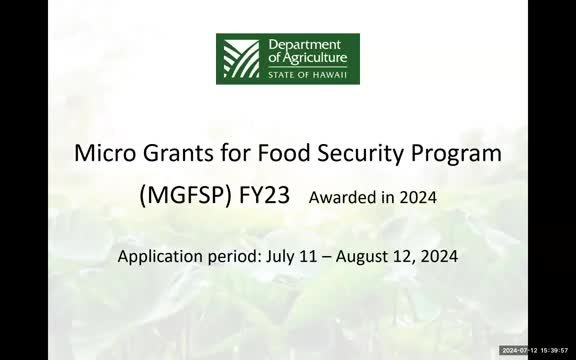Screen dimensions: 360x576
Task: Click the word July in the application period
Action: tap(283, 256)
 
